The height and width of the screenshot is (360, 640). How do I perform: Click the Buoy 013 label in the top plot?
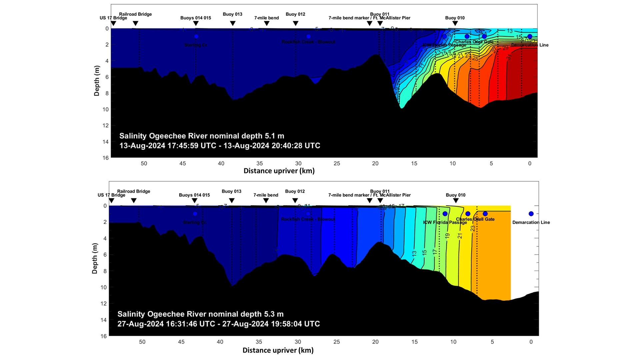tap(232, 14)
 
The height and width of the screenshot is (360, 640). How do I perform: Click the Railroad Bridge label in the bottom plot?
tap(133, 191)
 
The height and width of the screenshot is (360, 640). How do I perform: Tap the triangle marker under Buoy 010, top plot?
tap(455, 23)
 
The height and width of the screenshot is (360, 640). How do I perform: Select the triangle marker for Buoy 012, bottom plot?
tap(295, 201)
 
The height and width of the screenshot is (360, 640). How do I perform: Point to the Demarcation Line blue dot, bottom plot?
tap(531, 214)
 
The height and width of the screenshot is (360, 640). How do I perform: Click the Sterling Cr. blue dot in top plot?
tap(196, 36)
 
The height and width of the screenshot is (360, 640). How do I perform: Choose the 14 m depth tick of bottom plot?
tap(104, 320)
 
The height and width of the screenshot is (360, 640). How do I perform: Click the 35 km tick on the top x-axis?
tap(260, 163)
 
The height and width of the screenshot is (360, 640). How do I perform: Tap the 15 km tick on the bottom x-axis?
tap(414, 342)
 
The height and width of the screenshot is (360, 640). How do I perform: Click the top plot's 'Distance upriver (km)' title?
tap(279, 171)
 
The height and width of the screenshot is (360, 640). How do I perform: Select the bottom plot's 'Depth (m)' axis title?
tap(95, 258)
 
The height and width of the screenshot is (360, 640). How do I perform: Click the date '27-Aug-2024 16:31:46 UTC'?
tap(166, 324)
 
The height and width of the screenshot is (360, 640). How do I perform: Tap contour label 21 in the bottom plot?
tap(460, 236)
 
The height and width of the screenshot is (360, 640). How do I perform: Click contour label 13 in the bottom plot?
tap(414, 253)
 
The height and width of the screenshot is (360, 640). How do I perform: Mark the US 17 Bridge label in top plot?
tap(113, 18)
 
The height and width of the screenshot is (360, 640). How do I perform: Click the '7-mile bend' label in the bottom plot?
tap(266, 195)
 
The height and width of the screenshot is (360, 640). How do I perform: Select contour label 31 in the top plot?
tap(509, 57)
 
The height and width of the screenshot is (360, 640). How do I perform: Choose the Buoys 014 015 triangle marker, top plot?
tap(196, 23)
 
